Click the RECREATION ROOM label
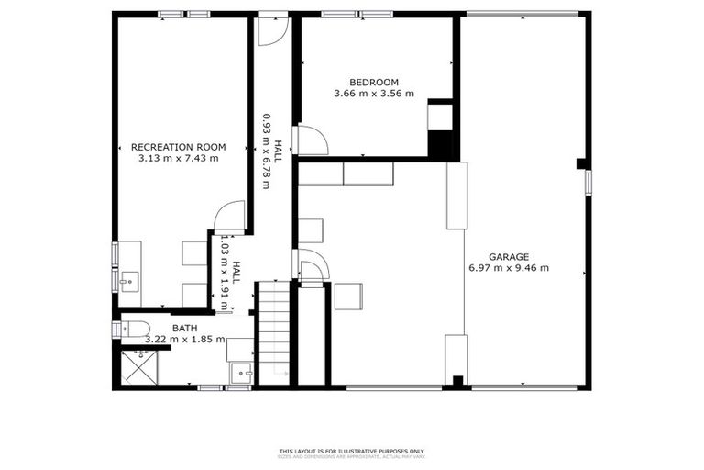(178, 147)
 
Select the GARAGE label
(508, 257)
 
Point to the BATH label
(185, 328)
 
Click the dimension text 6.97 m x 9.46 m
(507, 268)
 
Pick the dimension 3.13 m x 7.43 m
(178, 158)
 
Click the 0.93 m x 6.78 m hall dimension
(267, 151)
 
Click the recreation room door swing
(229, 217)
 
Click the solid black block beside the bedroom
(442, 144)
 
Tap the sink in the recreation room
(129, 278)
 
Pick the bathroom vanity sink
(240, 373)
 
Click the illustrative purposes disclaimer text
(352, 451)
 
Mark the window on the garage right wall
(589, 182)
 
